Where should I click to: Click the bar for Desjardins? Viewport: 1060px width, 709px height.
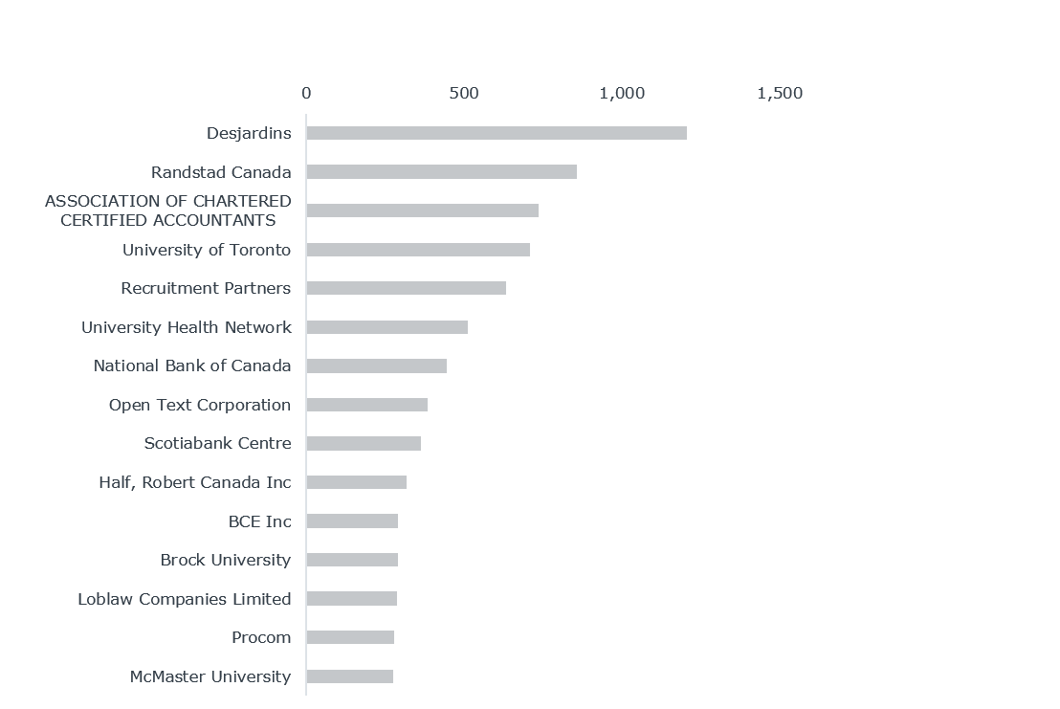pos(497,133)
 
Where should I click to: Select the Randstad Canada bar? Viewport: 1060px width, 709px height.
pos(441,172)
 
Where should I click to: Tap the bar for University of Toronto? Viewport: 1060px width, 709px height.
pos(418,250)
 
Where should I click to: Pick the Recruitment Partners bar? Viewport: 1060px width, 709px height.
pos(406,288)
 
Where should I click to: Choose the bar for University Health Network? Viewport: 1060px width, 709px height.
pos(386,327)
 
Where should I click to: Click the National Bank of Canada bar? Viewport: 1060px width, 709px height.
pos(376,366)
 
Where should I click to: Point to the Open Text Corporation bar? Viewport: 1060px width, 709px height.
pos(366,405)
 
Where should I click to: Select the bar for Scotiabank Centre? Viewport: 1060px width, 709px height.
pos(364,443)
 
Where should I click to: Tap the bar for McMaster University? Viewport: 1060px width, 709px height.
pos(349,676)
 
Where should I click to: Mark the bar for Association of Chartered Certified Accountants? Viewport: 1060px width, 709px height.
pos(422,210)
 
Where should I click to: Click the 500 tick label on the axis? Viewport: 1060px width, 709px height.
pos(464,94)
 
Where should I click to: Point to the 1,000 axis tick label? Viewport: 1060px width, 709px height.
pos(622,94)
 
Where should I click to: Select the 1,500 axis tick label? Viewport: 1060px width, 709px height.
pos(780,94)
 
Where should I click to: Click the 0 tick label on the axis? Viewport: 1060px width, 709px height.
pos(306,94)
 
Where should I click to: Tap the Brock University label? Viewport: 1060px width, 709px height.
pos(226,560)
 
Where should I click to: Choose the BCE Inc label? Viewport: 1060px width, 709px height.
pos(259,521)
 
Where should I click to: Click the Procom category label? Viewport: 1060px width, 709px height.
pos(261,637)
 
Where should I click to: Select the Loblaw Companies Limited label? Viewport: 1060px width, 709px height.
pos(185,599)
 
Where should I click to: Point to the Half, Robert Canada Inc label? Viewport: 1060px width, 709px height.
pos(194,482)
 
